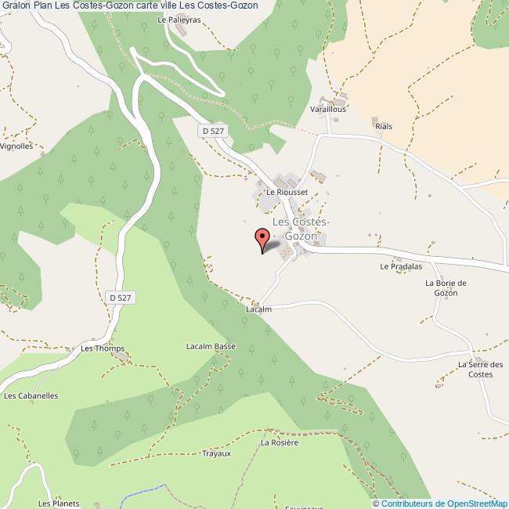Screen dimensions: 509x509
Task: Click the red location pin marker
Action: click(x=262, y=239)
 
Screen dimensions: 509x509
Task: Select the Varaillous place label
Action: click(x=327, y=110)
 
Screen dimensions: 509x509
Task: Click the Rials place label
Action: click(x=384, y=126)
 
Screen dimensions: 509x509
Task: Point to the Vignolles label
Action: click(x=16, y=146)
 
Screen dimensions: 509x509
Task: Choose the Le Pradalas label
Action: click(x=395, y=266)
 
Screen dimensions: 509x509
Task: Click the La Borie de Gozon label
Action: click(x=446, y=287)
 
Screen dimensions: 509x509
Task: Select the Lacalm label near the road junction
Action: click(x=258, y=309)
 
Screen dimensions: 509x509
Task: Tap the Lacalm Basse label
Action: click(x=211, y=346)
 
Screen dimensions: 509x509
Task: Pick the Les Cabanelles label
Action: click(x=31, y=395)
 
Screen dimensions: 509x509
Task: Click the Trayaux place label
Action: click(x=216, y=454)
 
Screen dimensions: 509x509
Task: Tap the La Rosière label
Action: click(x=280, y=442)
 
